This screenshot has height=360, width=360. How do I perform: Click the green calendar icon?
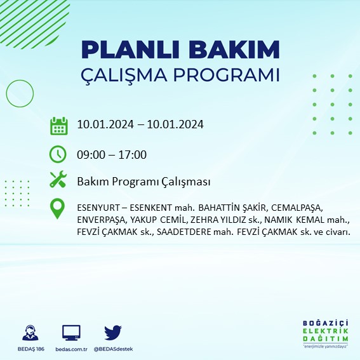tap(58, 125)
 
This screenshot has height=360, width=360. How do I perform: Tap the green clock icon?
tap(58, 154)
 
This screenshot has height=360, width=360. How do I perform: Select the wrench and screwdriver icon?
tap(58, 180)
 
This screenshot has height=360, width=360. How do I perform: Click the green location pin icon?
tap(58, 209)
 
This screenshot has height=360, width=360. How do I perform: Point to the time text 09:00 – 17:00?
tap(112, 154)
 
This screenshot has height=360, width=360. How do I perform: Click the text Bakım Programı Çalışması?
tap(143, 182)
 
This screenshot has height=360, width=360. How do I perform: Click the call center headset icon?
tap(29, 333)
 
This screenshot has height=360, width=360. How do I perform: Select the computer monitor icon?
tap(71, 333)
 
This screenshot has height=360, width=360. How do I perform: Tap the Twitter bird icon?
tap(112, 332)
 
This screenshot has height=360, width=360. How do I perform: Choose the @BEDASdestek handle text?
tap(113, 349)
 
